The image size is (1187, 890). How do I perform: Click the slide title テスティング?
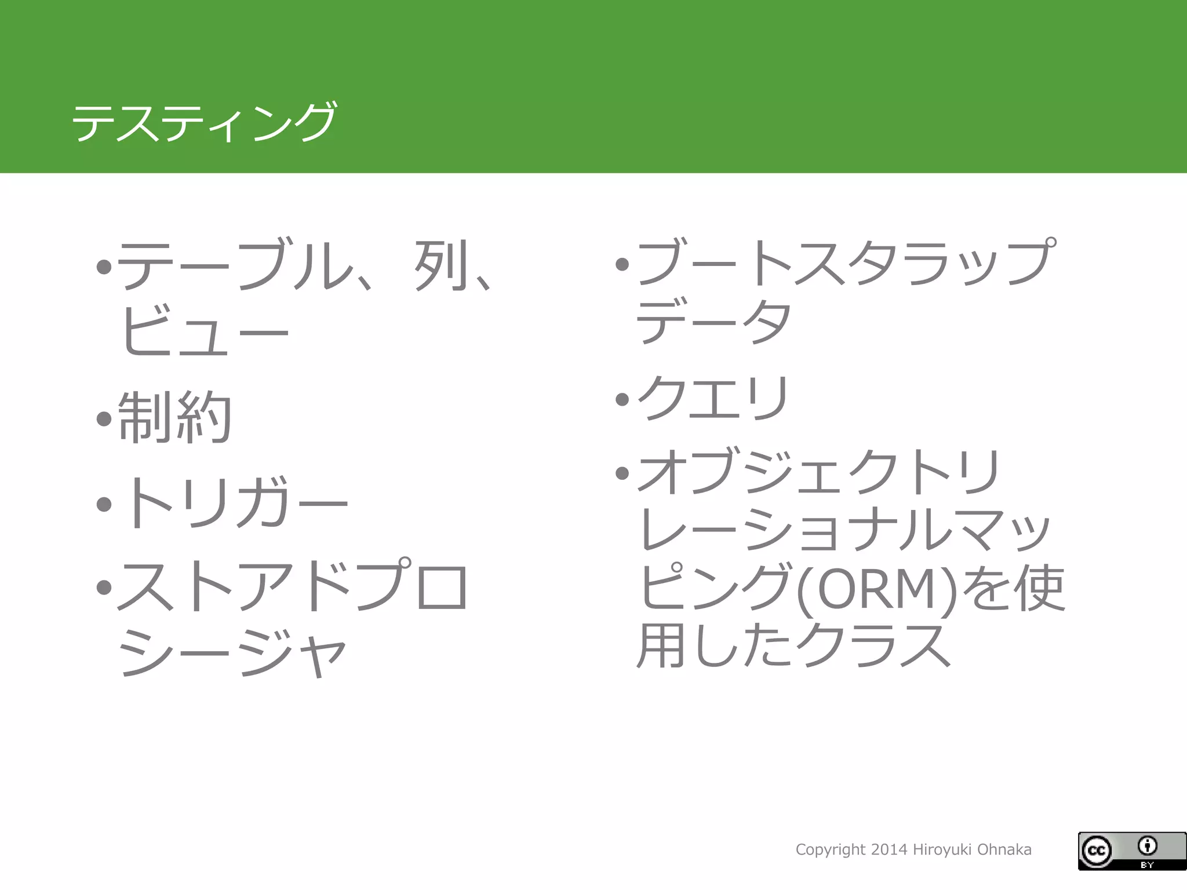(x=203, y=122)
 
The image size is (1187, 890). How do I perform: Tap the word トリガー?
(x=235, y=503)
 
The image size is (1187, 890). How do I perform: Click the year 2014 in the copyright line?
(x=889, y=850)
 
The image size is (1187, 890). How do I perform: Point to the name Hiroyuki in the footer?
(x=942, y=850)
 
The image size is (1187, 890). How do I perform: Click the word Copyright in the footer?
(x=831, y=850)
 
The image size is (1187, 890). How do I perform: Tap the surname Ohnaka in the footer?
(x=1004, y=850)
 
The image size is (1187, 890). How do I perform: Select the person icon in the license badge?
(x=1148, y=846)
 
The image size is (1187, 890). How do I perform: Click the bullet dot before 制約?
(x=104, y=418)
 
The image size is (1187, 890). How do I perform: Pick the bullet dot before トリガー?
(x=104, y=504)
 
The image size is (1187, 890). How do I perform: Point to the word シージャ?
(x=232, y=652)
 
